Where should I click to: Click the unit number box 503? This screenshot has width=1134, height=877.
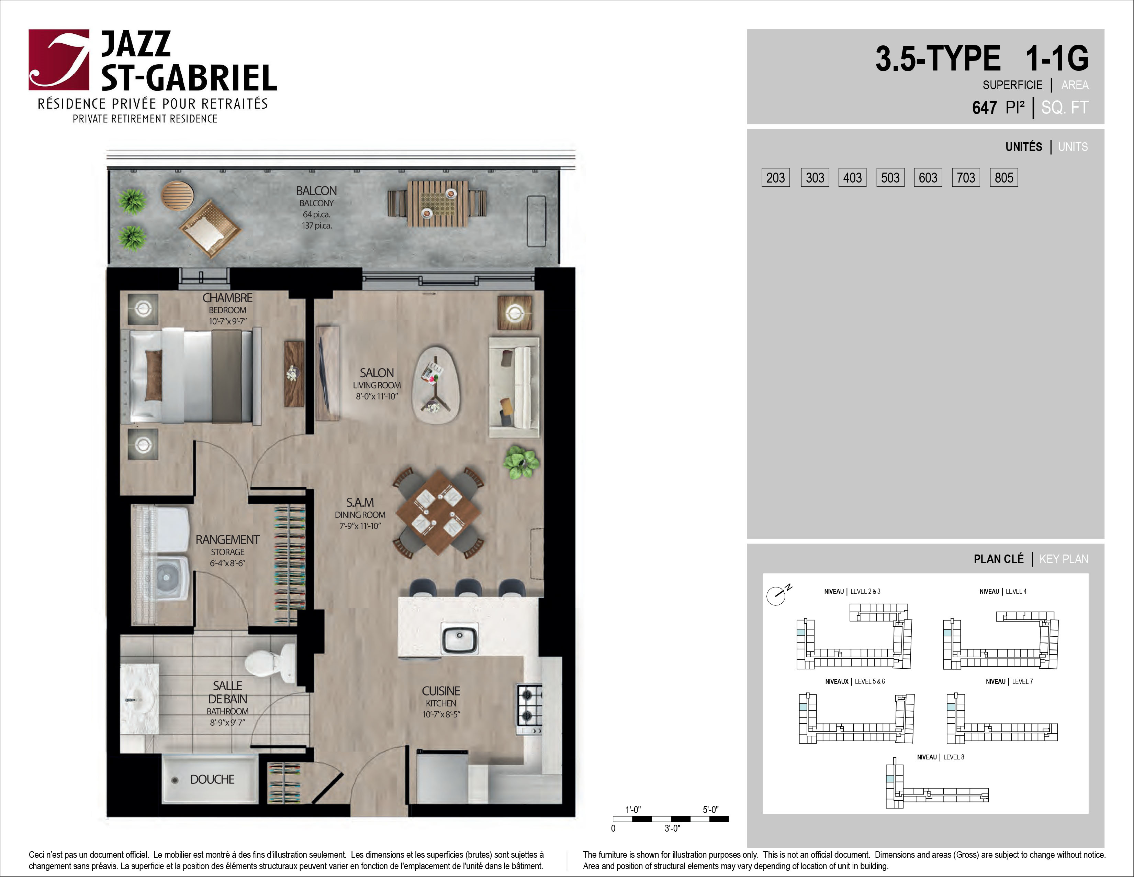[x=890, y=178]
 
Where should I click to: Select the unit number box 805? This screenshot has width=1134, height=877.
[x=1004, y=178]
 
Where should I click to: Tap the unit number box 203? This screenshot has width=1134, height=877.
[x=776, y=178]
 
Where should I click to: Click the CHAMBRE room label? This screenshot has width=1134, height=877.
[x=227, y=298]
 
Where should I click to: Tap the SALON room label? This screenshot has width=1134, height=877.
[x=377, y=373]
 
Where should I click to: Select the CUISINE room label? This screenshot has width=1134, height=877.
[x=441, y=691]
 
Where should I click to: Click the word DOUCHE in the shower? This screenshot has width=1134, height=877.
[x=212, y=779]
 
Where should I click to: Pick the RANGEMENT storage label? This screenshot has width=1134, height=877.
[x=227, y=540]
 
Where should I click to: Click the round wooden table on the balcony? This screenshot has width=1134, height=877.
[x=177, y=195]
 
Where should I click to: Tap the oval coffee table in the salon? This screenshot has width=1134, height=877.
[x=436, y=385]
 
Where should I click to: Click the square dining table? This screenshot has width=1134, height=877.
[x=439, y=513]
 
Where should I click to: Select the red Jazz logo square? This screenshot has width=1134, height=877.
[x=59, y=60]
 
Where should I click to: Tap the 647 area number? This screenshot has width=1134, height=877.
[x=984, y=108]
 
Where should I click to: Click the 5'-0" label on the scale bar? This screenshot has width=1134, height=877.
[x=711, y=810]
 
